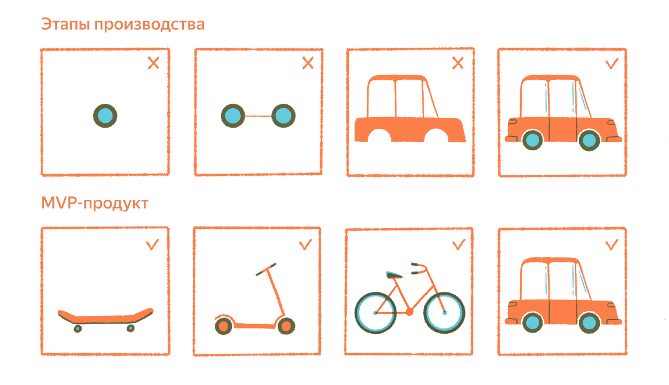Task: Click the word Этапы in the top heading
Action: [65, 25]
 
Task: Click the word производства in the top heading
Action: [149, 25]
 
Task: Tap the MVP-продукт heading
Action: [95, 204]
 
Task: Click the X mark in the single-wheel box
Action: [153, 63]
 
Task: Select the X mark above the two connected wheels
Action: [308, 63]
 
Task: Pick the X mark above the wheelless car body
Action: [458, 63]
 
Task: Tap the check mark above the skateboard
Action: [152, 244]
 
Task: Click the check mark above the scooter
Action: [306, 244]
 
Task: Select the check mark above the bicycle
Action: [458, 244]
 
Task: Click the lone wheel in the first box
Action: [105, 116]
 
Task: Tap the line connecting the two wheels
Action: [258, 116]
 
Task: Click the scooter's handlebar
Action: [266, 269]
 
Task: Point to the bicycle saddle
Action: [394, 275]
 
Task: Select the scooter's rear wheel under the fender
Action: [224, 326]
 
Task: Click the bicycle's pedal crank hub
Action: [409, 312]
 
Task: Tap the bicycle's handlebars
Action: [419, 268]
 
